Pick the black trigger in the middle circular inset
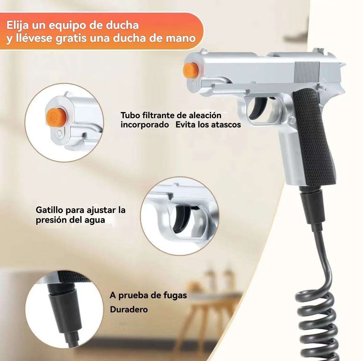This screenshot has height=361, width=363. [184, 219]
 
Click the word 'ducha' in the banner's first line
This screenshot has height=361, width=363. [122, 25]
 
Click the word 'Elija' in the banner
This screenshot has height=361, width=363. [18, 26]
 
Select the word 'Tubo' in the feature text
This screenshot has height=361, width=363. [130, 115]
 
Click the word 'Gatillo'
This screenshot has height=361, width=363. [50, 210]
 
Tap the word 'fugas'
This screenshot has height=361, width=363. [175, 295]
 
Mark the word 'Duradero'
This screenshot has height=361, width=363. [129, 309]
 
